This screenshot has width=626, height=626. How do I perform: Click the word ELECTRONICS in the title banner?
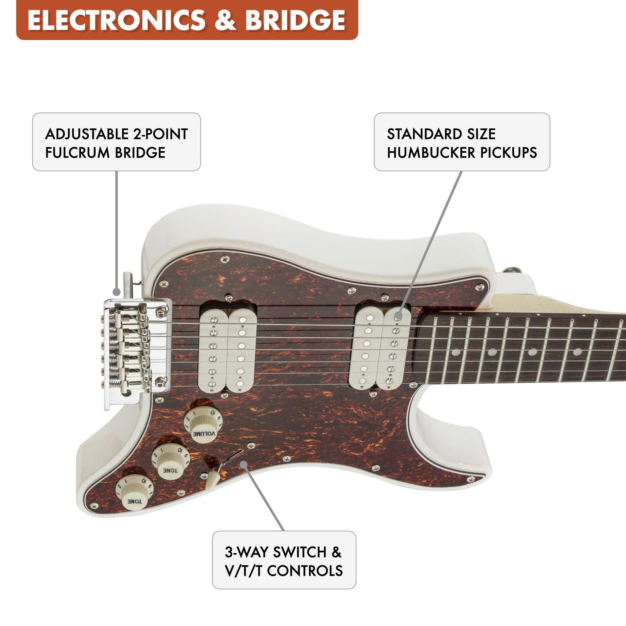[x=117, y=20]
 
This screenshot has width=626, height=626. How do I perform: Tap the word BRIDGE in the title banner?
[x=295, y=20]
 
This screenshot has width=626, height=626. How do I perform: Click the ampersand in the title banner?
[x=225, y=20]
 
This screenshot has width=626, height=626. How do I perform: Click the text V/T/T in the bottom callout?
[x=243, y=571]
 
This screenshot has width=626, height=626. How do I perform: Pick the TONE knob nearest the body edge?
[x=134, y=492]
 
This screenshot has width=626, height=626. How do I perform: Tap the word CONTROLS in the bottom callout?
[x=305, y=571]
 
